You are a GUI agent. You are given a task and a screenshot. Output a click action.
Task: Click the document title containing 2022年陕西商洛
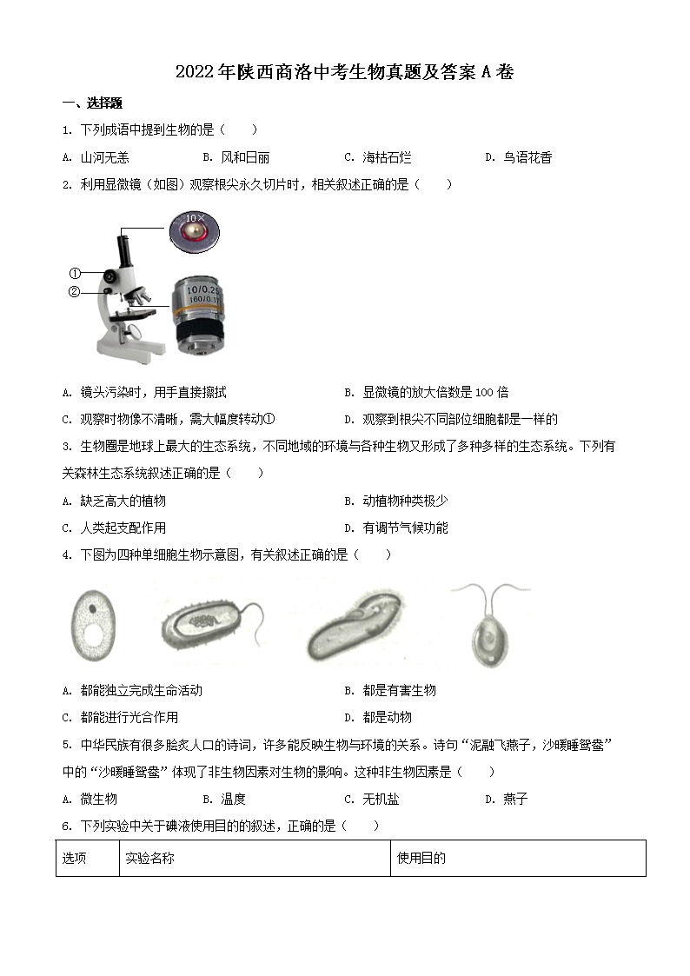click(344, 72)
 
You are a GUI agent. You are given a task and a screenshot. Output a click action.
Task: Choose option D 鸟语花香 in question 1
click(519, 157)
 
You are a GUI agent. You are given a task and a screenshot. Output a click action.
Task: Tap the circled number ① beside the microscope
click(75, 273)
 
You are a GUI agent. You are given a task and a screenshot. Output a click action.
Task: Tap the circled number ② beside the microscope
click(75, 292)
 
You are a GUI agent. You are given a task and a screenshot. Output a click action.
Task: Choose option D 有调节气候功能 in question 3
click(397, 528)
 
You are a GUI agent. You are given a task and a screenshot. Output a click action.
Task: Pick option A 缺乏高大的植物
click(114, 501)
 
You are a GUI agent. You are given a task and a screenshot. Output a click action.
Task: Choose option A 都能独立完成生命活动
click(133, 690)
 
